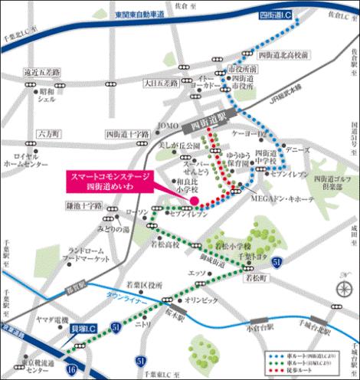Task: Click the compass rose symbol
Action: pyautogui.click(x=341, y=288)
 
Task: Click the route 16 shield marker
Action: pyautogui.click(x=70, y=369)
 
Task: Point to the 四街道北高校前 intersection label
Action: pyautogui.click(x=284, y=56)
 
